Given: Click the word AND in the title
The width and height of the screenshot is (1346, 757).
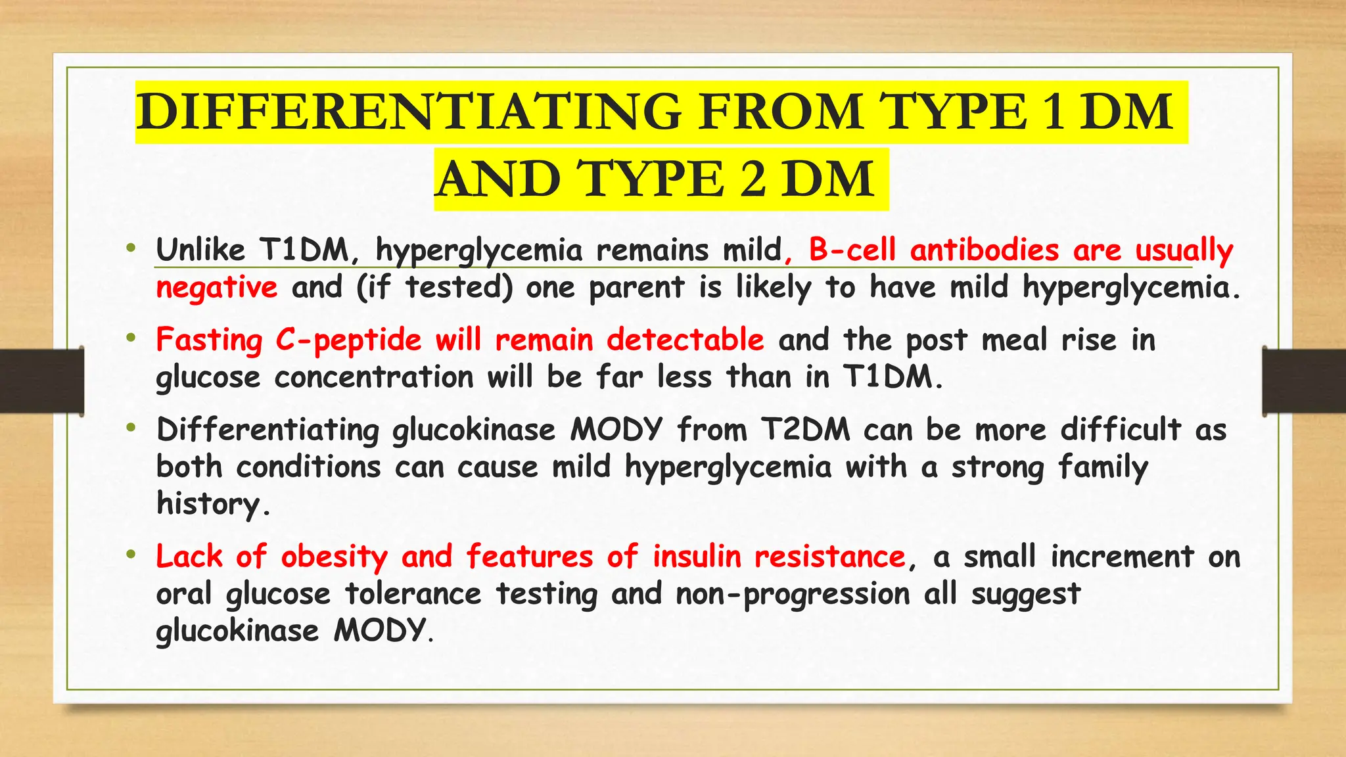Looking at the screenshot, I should point(498,179).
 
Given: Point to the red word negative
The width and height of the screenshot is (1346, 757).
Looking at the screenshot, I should point(217,288).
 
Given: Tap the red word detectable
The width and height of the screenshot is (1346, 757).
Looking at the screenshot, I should point(685,340).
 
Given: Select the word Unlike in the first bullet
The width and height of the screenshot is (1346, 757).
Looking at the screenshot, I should point(200,250).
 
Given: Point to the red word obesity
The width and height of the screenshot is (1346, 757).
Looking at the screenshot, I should point(334,557).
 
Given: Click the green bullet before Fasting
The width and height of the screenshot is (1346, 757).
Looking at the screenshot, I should point(131,338).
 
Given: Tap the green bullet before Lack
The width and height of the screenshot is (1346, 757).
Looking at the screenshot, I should point(131,555).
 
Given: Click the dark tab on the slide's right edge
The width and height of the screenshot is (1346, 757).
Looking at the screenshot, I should point(1304,381).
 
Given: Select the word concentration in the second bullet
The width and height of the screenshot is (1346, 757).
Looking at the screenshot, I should point(373,378).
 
